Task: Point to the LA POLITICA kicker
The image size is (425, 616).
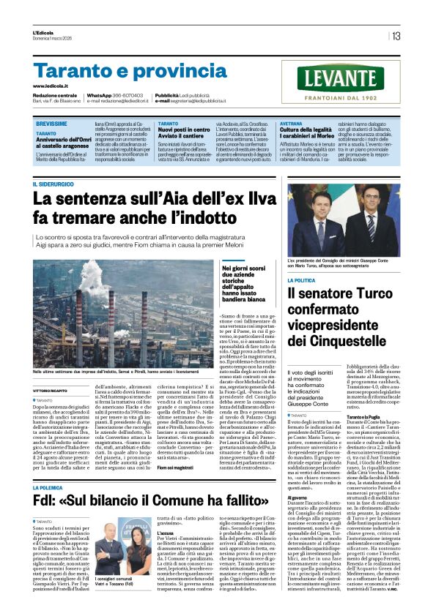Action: point(302,280)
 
